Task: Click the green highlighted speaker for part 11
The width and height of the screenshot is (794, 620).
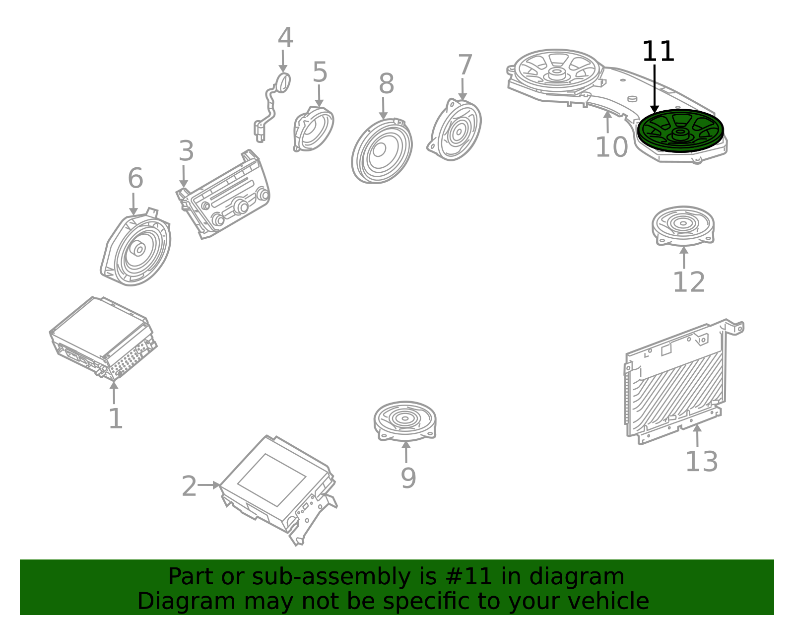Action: pyautogui.click(x=680, y=131)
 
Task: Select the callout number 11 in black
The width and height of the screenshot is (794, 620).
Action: pyautogui.click(x=658, y=52)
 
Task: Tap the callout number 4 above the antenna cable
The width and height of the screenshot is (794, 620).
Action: pyautogui.click(x=285, y=38)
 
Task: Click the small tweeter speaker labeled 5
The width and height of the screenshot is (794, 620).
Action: pyautogui.click(x=314, y=129)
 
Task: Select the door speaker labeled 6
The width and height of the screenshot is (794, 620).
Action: pyautogui.click(x=136, y=248)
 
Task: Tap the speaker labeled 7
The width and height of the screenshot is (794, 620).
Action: pyautogui.click(x=455, y=131)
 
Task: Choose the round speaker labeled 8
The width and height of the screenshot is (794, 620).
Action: pyautogui.click(x=381, y=151)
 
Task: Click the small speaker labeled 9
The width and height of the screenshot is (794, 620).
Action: pyautogui.click(x=405, y=420)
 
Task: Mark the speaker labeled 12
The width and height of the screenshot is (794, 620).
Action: pyautogui.click(x=683, y=225)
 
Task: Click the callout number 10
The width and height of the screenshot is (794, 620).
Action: pyautogui.click(x=611, y=147)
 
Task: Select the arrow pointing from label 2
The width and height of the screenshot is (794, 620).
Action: pyautogui.click(x=209, y=485)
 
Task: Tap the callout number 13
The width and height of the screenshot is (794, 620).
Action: pyautogui.click(x=701, y=462)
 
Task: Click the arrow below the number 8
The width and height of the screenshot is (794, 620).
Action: pyautogui.click(x=383, y=108)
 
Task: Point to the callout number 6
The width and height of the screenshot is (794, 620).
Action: pyautogui.click(x=135, y=178)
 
